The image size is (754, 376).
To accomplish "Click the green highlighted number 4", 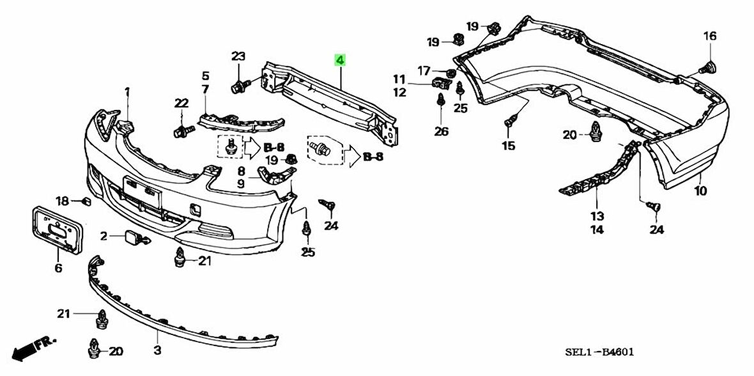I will click(340, 61).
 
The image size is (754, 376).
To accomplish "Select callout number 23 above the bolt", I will click(238, 56).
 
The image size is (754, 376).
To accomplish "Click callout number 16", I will click(710, 36).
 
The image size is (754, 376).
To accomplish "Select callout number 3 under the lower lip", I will click(157, 350).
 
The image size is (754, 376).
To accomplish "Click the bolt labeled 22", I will click(181, 132).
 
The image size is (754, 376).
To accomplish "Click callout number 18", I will click(61, 201).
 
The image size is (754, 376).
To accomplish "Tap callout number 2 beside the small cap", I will click(104, 237).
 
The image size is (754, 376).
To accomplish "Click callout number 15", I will click(508, 146).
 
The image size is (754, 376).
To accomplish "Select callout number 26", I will click(442, 132).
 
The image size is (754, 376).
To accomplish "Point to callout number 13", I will click(597, 216).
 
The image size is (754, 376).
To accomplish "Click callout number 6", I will click(58, 269).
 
